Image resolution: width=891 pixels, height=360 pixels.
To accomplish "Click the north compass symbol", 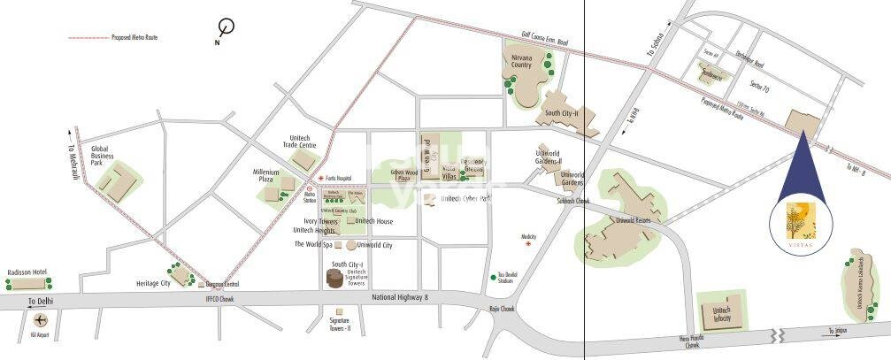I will (x=228, y=28).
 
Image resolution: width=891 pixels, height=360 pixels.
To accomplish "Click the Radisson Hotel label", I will (x=25, y=272).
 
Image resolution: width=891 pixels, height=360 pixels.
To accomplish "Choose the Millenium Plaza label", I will (x=266, y=176).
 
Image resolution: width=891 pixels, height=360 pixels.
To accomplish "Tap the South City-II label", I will (x=561, y=114).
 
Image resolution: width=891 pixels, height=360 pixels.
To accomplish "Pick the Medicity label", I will (x=529, y=237).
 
